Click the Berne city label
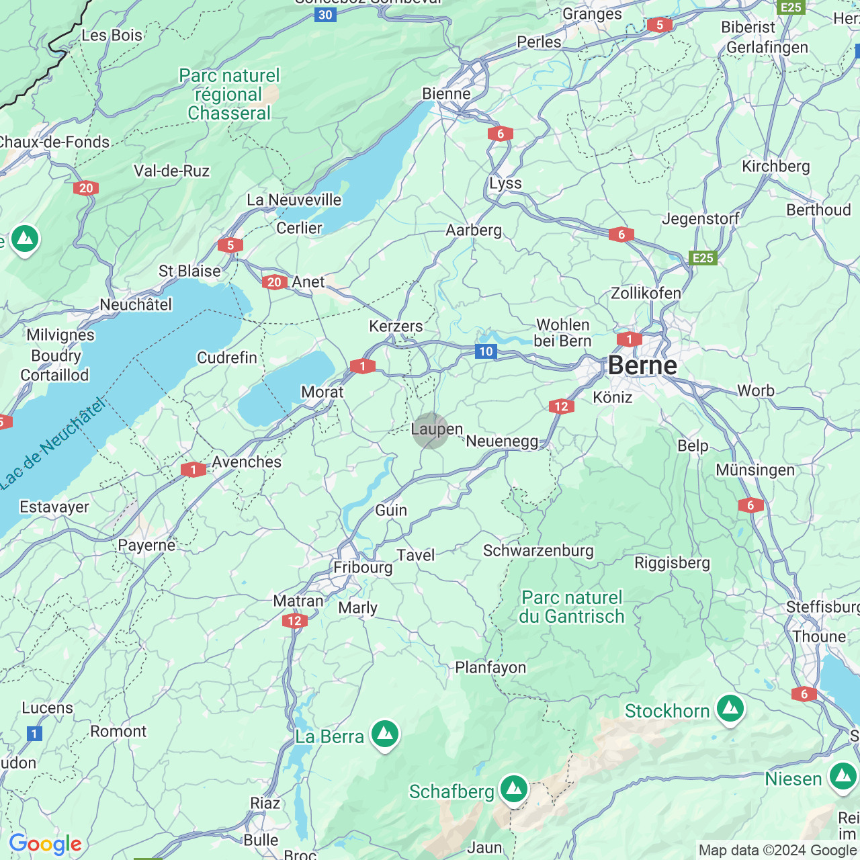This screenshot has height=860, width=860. point(642,365)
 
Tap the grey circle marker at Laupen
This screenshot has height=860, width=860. point(431,431)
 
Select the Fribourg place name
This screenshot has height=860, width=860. point(363,567)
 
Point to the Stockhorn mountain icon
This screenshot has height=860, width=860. point(730,709)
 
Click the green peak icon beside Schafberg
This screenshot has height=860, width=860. point(514,789)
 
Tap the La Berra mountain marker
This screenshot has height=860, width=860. point(385,734)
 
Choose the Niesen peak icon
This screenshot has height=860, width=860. point(843,777)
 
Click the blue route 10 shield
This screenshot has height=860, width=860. point(486,351)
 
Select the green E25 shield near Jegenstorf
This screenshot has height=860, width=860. point(702,258)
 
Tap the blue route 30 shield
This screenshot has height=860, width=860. point(325,15)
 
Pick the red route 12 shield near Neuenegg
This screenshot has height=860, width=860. point(561,406)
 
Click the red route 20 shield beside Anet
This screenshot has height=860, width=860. point(274,282)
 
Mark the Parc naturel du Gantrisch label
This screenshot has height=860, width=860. point(572,607)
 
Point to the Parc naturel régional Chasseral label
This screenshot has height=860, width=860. point(229,94)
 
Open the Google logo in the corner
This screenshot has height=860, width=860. point(45,844)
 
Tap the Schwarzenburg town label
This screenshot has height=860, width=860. point(538,551)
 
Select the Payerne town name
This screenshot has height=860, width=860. point(146,545)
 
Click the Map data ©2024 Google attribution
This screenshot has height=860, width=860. point(777,851)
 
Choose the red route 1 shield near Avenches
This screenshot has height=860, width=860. point(193,470)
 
